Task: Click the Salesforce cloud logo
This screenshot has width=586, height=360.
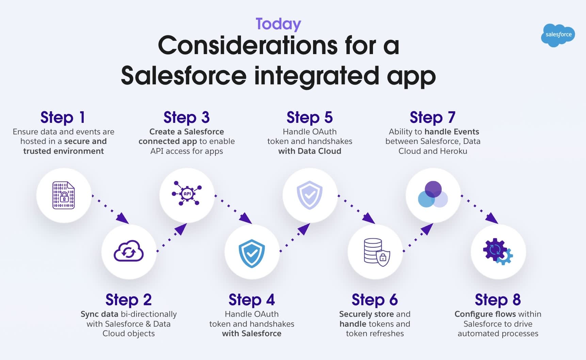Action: pos(558,35)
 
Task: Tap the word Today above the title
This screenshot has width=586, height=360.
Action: pos(278,24)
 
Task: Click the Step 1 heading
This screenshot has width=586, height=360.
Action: pos(63,117)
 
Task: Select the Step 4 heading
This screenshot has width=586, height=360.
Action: pos(251,300)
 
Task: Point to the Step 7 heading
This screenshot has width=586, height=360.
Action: pos(432,117)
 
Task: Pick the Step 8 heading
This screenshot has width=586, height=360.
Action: pos(498,300)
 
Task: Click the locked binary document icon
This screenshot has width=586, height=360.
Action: pos(64,195)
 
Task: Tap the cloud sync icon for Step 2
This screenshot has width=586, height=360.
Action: pos(129,252)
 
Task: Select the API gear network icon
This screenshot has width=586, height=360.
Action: pos(187,194)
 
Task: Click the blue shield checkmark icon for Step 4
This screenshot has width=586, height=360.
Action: pos(252,253)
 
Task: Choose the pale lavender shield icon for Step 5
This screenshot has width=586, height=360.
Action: pos(310,195)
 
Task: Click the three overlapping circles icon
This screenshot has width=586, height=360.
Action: pos(433,195)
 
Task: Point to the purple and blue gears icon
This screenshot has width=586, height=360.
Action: pos(498,251)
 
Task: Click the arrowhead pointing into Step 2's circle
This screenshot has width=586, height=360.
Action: pos(123,218)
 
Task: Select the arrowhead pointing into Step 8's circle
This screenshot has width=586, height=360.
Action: pos(492,218)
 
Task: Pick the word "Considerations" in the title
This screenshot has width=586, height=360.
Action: pos(248,46)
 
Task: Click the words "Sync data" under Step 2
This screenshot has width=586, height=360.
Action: pos(99,314)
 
